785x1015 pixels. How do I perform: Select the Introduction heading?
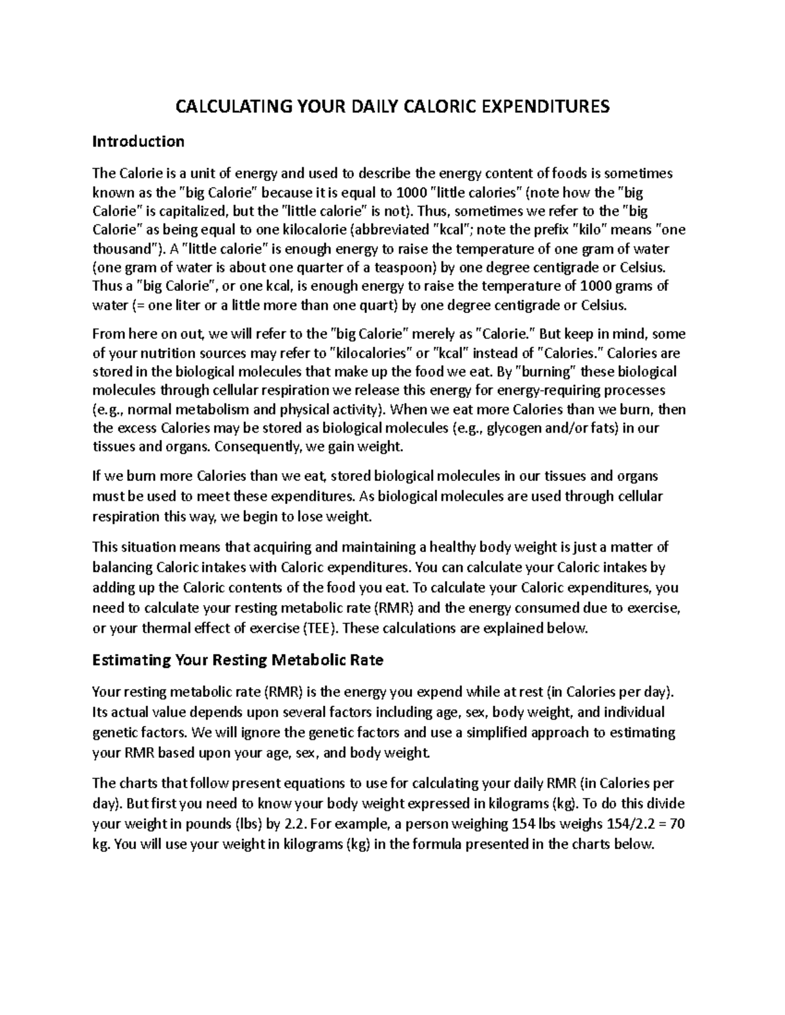pos(138,141)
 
